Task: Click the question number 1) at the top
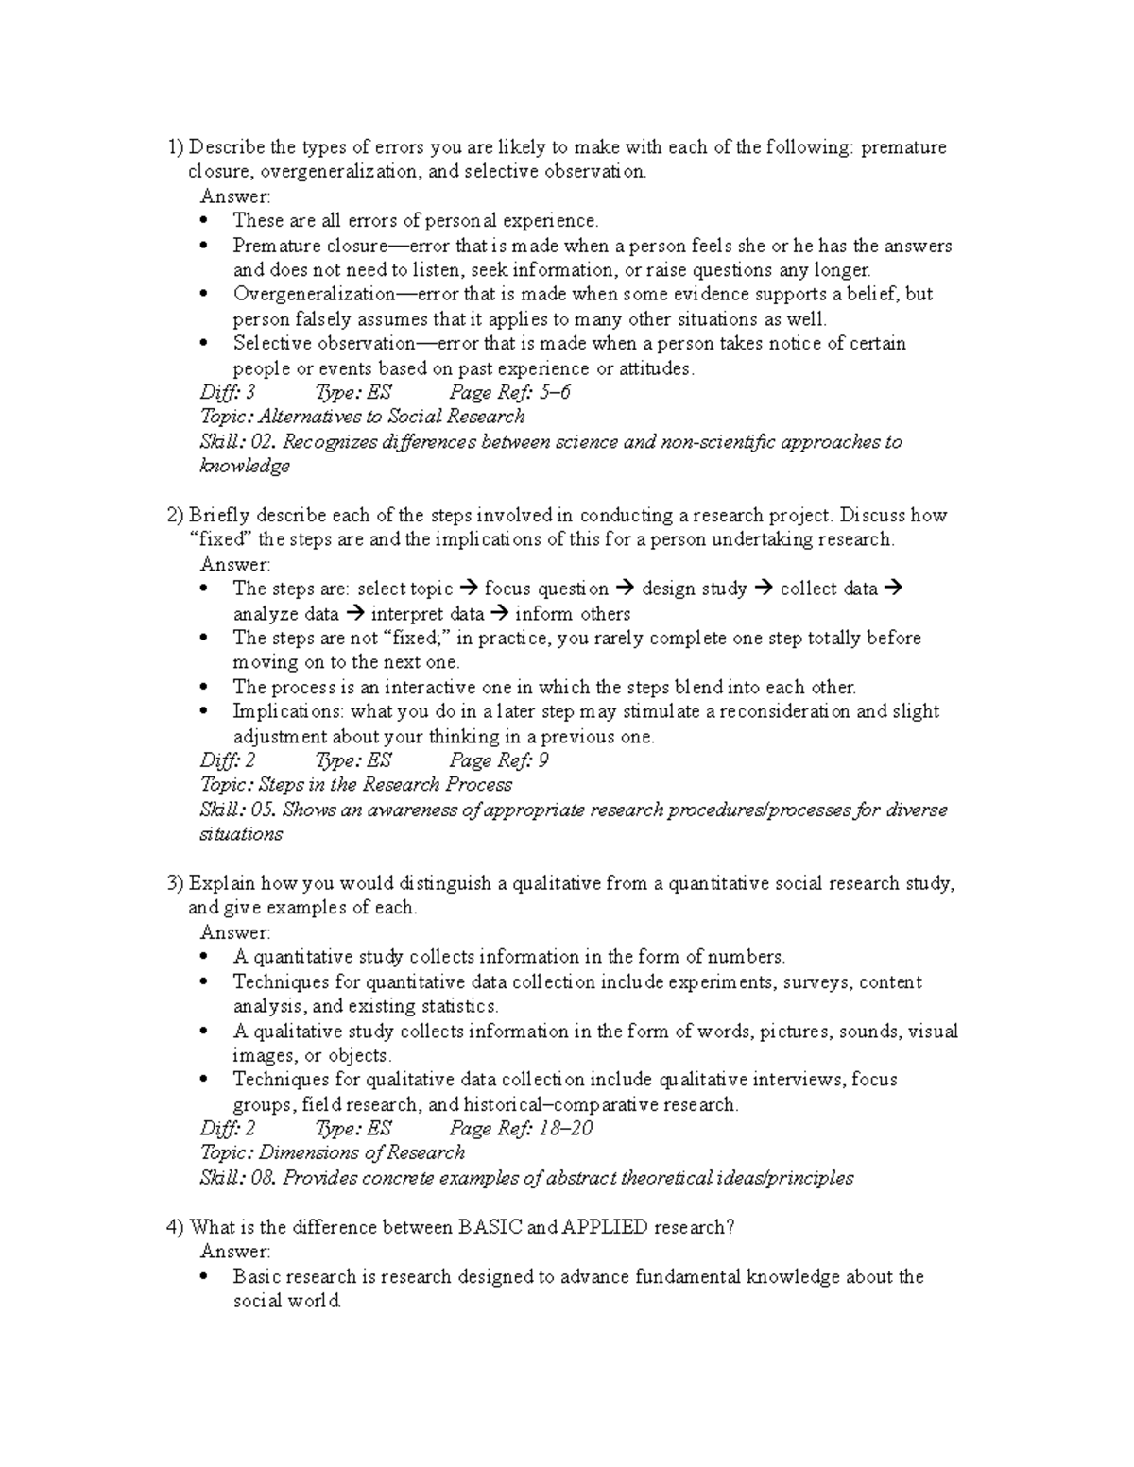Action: [x=175, y=147]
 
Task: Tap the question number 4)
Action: [x=175, y=1227]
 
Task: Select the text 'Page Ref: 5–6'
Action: [x=509, y=392]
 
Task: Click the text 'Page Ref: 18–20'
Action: [x=521, y=1128]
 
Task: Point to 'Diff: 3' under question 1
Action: [x=228, y=392]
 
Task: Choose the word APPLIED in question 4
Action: [x=605, y=1227]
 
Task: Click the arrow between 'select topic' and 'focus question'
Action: [x=469, y=589]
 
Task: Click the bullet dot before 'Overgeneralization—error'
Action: [x=206, y=295]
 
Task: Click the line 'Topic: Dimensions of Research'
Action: [x=333, y=1152]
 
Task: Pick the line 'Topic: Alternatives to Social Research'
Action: [x=362, y=417]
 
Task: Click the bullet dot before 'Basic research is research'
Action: [x=206, y=1277]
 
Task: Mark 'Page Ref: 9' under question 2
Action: [x=499, y=760]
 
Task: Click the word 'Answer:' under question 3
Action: [x=235, y=932]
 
